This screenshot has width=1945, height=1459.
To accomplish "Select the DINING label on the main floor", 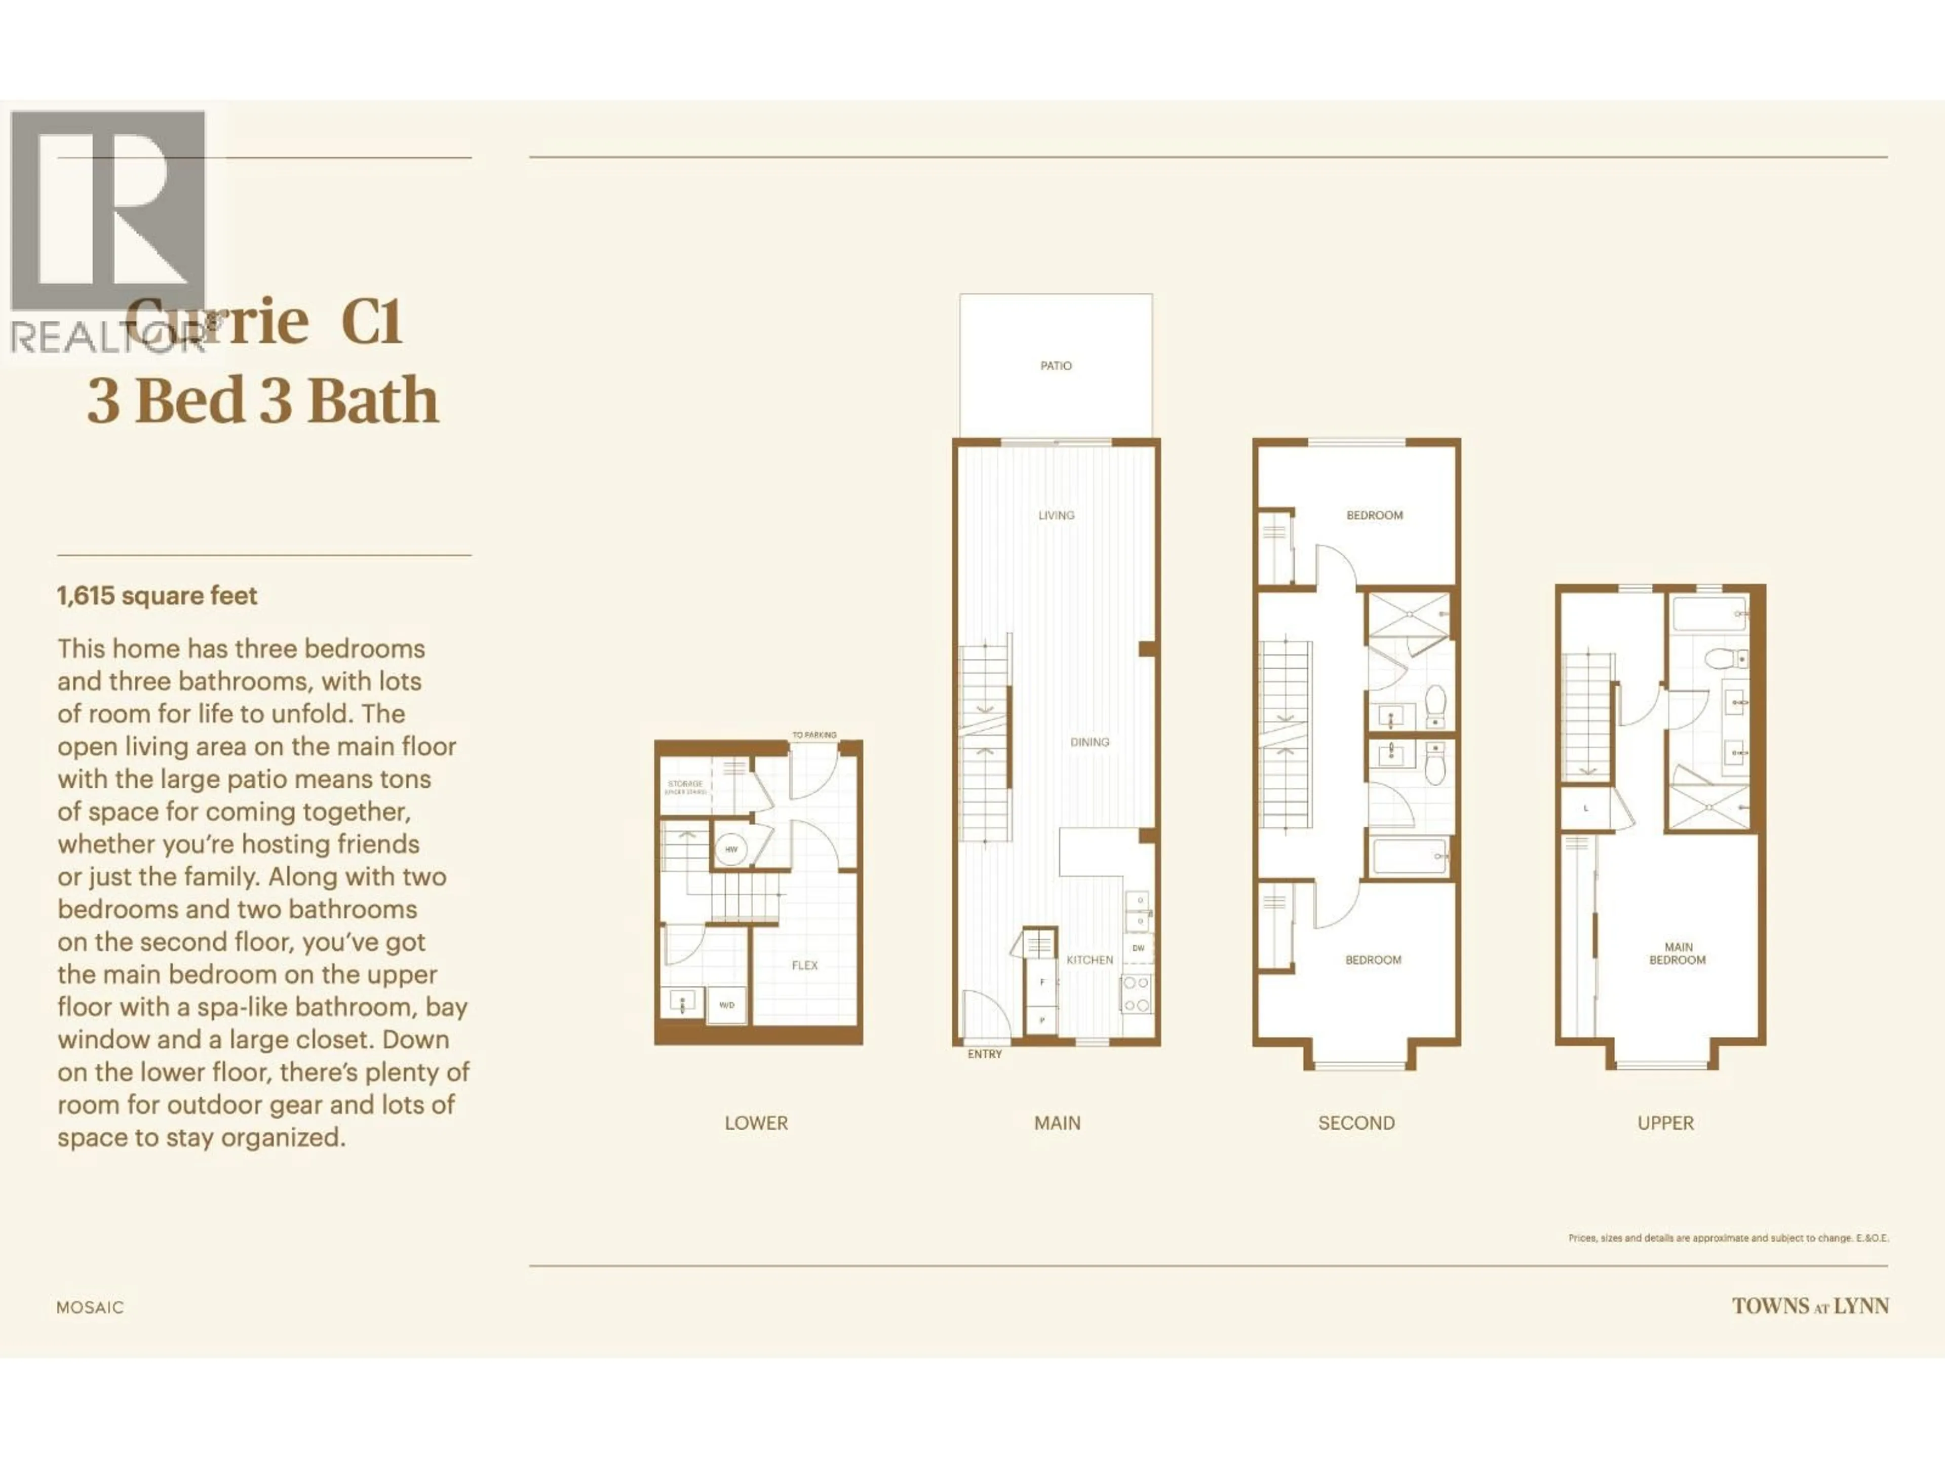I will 1090,742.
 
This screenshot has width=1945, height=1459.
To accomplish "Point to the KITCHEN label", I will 1090,961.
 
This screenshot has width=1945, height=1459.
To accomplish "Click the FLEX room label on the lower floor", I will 804,966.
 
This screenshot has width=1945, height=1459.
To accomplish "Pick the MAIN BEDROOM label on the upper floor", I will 1678,954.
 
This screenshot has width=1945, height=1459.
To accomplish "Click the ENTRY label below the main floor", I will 984,1054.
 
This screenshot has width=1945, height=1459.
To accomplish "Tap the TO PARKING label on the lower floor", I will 814,735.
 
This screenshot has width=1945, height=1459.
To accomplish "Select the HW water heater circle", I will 731,850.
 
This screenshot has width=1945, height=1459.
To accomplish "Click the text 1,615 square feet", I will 158,596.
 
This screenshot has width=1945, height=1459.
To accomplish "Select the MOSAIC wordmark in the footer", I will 90,1308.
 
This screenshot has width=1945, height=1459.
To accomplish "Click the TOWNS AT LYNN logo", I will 1810,1307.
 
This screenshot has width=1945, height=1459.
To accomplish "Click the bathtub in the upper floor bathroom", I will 1709,615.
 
